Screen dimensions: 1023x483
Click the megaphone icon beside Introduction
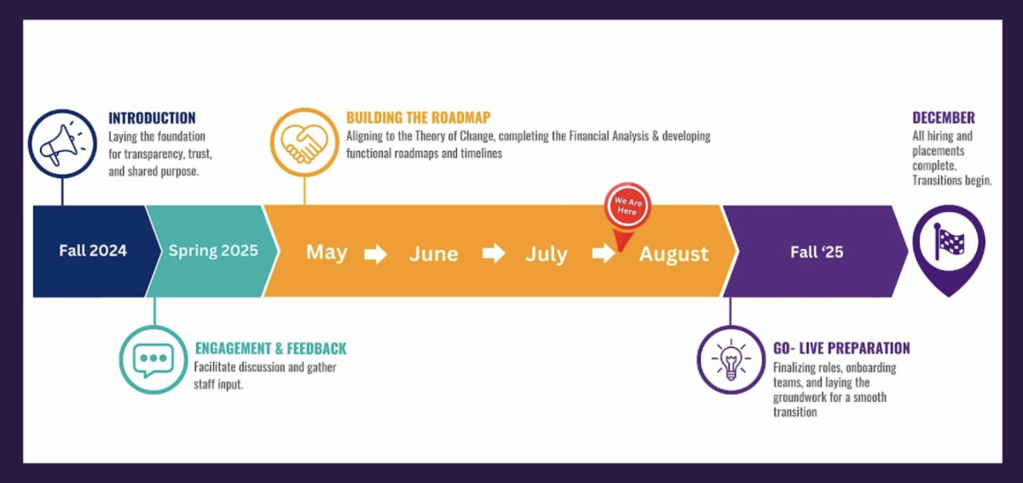[62, 143]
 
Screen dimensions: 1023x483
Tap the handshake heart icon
[304, 142]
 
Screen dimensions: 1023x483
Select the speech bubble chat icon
[153, 359]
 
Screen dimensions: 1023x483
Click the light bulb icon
[731, 359]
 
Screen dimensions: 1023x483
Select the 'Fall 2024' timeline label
[93, 250]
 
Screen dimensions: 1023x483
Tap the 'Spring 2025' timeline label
[213, 250]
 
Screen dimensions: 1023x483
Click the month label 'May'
[327, 252]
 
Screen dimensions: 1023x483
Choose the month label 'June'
[433, 254]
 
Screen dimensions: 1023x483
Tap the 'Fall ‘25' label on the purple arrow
[817, 252]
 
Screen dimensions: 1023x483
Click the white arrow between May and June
[376, 254]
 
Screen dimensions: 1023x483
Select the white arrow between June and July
[494, 253]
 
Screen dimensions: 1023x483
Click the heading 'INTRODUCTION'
[152, 118]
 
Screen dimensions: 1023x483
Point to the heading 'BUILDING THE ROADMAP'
[419, 118]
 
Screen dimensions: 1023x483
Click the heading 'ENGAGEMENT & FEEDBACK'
[271, 348]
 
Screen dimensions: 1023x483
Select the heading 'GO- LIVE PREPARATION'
[841, 348]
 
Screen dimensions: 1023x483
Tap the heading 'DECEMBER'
[944, 118]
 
